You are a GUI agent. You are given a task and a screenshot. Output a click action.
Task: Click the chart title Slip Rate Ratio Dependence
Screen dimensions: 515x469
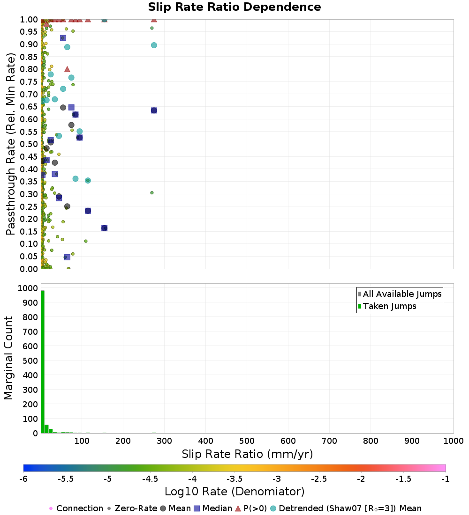pos(234,7)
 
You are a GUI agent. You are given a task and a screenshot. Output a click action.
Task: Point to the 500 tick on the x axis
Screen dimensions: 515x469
pos(247,441)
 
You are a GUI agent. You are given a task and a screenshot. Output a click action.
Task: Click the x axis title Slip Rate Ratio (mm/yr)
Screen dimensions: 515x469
pos(247,454)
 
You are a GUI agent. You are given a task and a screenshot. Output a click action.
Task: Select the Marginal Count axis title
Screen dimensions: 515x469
pos(9,358)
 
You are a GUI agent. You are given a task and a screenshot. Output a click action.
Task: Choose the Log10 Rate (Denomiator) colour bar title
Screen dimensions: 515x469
pos(234,492)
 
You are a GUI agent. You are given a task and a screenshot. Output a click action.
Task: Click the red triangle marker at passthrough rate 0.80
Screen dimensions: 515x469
pos(67,69)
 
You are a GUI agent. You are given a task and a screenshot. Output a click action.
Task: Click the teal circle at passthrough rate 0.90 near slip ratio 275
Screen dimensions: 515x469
pos(154,45)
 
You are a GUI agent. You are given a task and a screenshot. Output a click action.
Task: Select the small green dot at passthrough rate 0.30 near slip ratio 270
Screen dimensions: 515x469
pos(151,192)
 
